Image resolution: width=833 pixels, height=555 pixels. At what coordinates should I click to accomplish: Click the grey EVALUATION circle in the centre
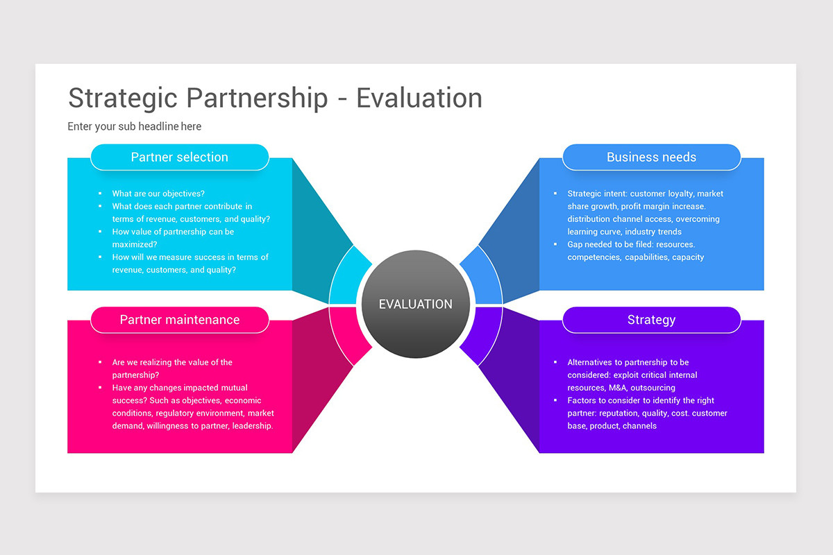pos(416,304)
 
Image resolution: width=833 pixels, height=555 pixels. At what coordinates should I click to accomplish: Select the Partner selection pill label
pos(179,157)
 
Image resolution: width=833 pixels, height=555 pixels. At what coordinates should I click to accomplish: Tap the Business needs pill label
pos(651,157)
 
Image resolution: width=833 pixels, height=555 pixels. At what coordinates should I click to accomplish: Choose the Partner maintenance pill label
pos(179,320)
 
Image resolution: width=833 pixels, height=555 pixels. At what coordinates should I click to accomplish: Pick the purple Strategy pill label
pos(651,320)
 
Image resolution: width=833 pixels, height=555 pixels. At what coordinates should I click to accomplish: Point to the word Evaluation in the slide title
pos(419,98)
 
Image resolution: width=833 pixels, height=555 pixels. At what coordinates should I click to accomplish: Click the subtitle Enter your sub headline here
pos(135,126)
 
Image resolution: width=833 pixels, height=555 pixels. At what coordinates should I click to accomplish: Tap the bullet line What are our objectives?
pos(158,194)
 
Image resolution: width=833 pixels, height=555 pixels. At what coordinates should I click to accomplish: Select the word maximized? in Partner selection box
pos(135,244)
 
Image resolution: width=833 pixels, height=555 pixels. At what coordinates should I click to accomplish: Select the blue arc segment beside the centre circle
pos(485,277)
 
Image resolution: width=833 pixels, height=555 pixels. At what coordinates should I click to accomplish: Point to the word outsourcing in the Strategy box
pos(653,388)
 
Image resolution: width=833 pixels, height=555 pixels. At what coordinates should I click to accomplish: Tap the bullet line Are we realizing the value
pos(172,362)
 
